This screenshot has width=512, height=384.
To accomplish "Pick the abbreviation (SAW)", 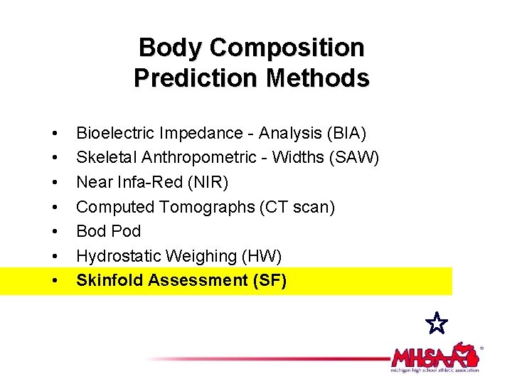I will pos(353,158).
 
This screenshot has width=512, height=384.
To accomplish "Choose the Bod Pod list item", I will pos(108,231).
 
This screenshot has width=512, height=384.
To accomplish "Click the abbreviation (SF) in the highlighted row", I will pos(270,280).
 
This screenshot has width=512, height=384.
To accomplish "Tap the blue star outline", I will pos(437,324).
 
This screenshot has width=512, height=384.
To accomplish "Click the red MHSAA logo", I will pos(434,355).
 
